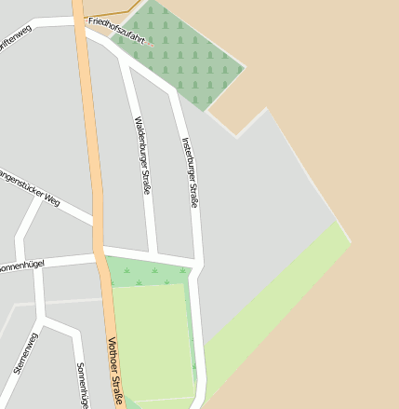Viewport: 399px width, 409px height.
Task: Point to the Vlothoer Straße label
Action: click(x=115, y=373)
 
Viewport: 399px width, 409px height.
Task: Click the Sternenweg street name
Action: click(x=26, y=353)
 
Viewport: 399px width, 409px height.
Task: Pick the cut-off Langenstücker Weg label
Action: click(x=29, y=188)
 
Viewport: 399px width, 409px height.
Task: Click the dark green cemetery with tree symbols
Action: click(x=186, y=56)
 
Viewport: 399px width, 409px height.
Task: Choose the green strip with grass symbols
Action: click(x=149, y=274)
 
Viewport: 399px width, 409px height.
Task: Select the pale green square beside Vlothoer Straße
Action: click(x=151, y=340)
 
